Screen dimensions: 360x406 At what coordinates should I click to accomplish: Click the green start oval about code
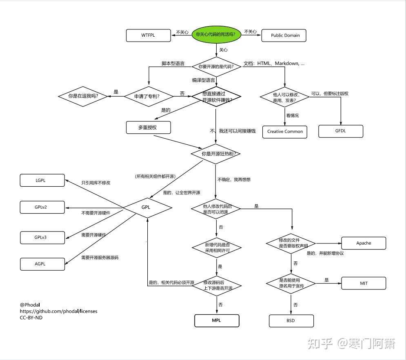coord(216,35)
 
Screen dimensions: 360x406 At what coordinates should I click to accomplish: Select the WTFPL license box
coord(148,35)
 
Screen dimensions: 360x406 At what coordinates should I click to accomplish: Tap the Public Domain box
coord(285,35)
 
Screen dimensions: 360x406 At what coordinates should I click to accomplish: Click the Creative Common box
coord(285,131)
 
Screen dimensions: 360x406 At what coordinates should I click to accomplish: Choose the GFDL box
coord(340,131)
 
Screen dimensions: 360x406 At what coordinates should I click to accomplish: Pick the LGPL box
coord(42,180)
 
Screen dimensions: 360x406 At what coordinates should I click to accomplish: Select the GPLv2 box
coord(42,207)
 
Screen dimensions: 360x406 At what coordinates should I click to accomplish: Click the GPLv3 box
coord(42,237)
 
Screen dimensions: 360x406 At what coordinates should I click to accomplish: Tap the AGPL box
coord(42,264)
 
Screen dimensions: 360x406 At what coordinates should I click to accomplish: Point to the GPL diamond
coord(146,207)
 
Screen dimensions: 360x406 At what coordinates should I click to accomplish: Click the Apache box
coord(364,243)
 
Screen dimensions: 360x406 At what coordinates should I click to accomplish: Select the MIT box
coord(364,283)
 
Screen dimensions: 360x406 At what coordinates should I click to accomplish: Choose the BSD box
coord(291,321)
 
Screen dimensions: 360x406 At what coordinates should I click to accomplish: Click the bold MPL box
coord(216,320)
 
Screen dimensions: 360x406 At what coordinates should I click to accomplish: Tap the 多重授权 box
coord(148,128)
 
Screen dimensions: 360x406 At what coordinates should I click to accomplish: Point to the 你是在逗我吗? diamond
coord(83,96)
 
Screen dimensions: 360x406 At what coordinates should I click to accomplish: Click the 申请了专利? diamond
coord(147,96)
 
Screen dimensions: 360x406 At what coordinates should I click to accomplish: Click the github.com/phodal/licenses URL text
coord(59,311)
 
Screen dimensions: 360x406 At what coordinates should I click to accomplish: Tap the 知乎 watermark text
coord(320,344)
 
